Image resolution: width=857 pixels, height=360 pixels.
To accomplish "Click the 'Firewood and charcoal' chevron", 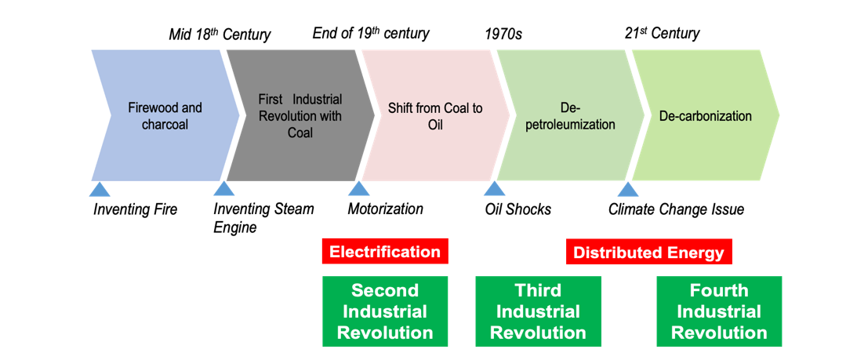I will [x=165, y=116].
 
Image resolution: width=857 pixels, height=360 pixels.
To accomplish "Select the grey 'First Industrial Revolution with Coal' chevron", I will [x=300, y=116].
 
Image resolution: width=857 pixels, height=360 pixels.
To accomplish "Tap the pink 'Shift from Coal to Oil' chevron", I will [x=435, y=116].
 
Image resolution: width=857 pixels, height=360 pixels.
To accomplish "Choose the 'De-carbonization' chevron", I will [x=706, y=116].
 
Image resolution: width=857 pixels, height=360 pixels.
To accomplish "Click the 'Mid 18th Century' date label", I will [x=220, y=34].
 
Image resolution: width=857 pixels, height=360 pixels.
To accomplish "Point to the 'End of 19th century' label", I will [x=371, y=33].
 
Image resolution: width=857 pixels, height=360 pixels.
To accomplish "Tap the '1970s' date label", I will [x=503, y=34].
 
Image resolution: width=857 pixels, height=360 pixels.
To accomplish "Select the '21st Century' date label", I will [x=662, y=33].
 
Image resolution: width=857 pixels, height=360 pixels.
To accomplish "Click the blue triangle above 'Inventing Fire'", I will [x=99, y=188].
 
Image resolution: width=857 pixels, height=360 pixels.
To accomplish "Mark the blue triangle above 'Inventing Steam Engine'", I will [x=224, y=188].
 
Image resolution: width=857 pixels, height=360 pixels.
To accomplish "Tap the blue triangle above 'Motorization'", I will [x=358, y=188].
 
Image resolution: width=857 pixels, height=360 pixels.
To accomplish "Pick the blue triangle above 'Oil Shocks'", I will [x=494, y=188].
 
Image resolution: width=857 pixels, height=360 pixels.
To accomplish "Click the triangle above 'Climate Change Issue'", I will [x=627, y=188].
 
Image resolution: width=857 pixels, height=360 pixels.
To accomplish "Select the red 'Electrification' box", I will [x=385, y=252].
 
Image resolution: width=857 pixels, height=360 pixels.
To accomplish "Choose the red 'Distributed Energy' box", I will [x=648, y=253].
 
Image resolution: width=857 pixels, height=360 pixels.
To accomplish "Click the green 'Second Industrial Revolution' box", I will [x=385, y=311].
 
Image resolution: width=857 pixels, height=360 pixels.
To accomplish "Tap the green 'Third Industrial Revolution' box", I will [x=538, y=311].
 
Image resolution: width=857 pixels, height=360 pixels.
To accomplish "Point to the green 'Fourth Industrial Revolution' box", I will [x=719, y=311].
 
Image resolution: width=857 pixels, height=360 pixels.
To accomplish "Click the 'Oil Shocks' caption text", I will [x=517, y=209].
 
